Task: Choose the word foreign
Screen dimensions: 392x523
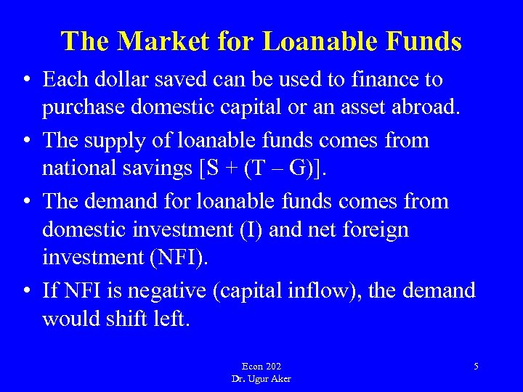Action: [374, 230]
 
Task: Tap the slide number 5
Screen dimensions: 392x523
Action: [476, 367]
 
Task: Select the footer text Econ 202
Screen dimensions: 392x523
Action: [261, 367]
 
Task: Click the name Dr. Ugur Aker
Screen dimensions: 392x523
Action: [261, 379]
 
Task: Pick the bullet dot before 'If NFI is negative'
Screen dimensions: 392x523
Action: [26, 291]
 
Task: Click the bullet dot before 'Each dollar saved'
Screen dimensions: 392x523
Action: [26, 80]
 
